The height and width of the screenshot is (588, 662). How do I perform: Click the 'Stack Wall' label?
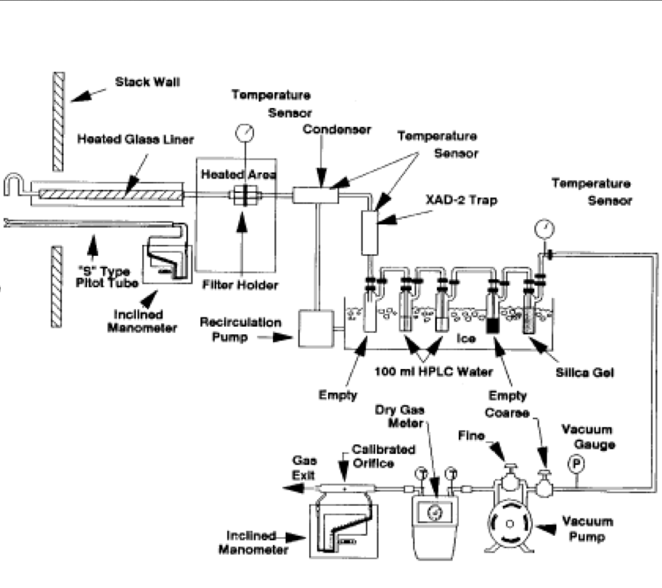tap(148, 82)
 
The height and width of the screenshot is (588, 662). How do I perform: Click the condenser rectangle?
tap(317, 196)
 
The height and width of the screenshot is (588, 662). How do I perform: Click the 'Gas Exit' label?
tap(302, 466)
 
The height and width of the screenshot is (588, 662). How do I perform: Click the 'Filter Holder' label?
tap(247, 285)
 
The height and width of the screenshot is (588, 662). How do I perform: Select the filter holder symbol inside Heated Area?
tap(240, 196)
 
